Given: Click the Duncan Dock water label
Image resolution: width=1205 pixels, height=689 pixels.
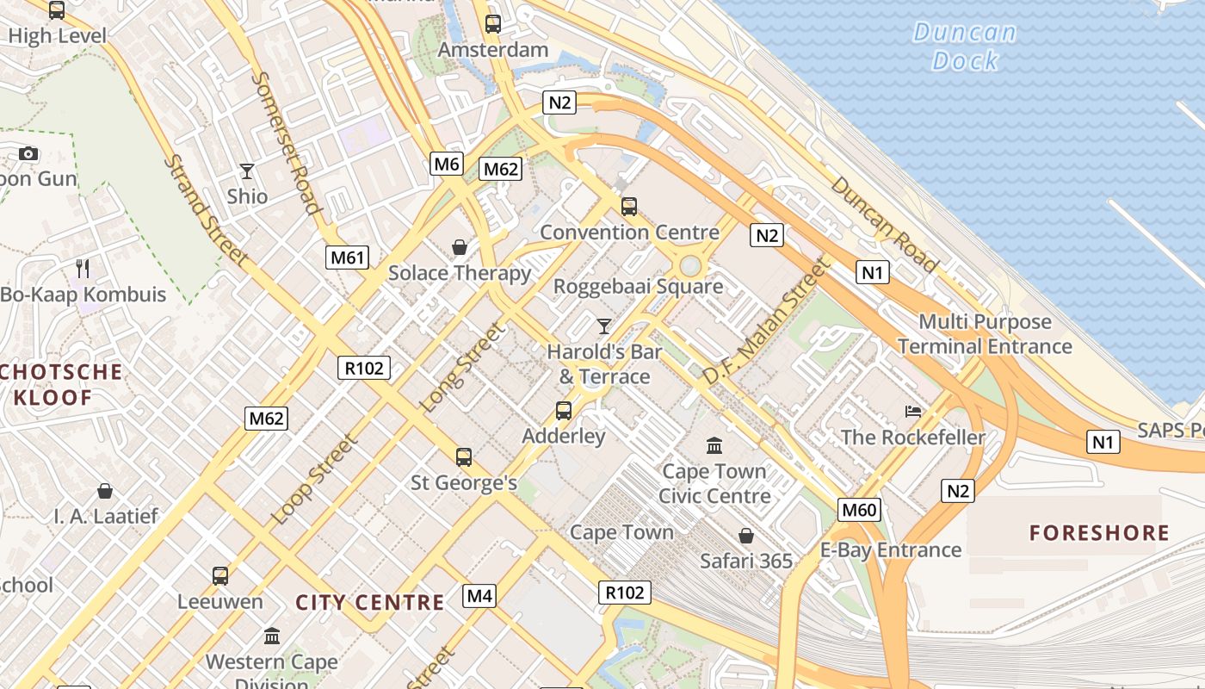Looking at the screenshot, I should click(965, 47).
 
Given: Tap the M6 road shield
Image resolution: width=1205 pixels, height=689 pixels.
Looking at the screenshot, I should click(447, 164).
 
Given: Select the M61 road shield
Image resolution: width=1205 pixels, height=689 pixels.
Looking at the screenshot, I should click(348, 257).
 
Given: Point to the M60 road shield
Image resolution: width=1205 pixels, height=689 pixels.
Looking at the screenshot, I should click(859, 510).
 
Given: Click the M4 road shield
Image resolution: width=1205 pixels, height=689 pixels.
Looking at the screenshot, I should click(479, 595).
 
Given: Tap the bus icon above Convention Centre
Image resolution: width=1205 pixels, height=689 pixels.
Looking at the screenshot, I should click(629, 207).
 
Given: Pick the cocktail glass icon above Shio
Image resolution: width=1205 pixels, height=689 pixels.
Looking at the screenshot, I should click(247, 171).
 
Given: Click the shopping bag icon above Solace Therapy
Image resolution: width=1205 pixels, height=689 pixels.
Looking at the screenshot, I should click(460, 248).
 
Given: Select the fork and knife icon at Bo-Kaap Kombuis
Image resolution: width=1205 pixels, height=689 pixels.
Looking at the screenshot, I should click(83, 269).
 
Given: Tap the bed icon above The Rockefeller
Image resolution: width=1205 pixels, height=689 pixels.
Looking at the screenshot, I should click(913, 412).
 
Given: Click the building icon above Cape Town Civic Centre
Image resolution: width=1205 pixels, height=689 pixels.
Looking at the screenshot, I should click(714, 445).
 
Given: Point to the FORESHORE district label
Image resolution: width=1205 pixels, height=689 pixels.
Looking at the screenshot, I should click(1100, 532).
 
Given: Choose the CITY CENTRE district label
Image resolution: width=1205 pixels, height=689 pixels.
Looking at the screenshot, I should click(370, 602).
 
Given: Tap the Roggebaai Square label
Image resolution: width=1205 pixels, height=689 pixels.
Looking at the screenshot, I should click(638, 286).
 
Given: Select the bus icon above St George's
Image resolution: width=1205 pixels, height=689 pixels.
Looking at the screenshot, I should click(464, 457).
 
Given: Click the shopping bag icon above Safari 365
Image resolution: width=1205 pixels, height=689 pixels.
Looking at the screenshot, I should click(745, 536).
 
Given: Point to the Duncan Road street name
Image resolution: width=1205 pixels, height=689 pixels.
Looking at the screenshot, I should click(883, 224).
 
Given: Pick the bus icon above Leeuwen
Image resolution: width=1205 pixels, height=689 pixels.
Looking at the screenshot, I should click(220, 575).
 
